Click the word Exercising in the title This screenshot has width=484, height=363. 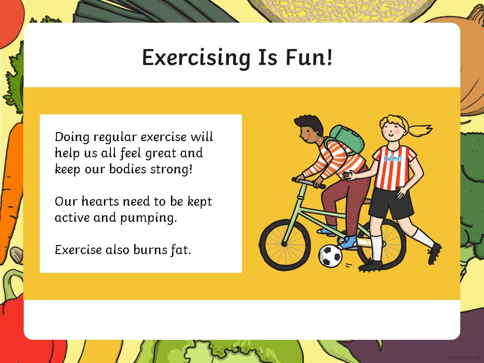pyautogui.click(x=196, y=57)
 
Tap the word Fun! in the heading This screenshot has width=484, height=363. pyautogui.click(x=309, y=57)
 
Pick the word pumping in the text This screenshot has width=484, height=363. pyautogui.click(x=148, y=218)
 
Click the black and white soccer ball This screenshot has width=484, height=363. pyautogui.click(x=330, y=256)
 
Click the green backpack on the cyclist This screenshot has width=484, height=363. pyautogui.click(x=347, y=139)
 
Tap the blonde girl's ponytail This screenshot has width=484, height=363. pyautogui.click(x=420, y=130)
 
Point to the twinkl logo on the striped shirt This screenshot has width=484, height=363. pyautogui.click(x=393, y=158)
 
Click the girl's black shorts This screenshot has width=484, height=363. pyautogui.click(x=391, y=202)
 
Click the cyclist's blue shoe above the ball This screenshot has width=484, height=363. pyautogui.click(x=348, y=242)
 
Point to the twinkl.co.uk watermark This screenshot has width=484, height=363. pyautogui.click(x=466, y=357)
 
